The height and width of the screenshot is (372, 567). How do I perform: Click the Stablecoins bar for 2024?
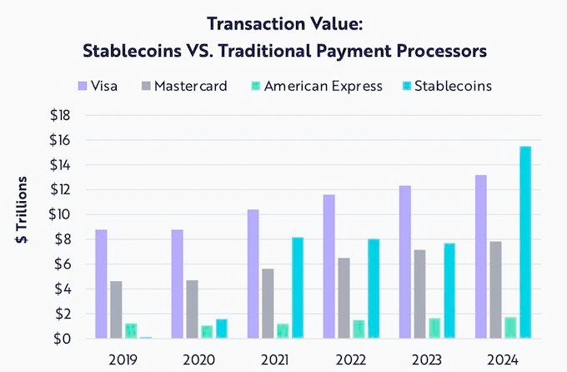click(525, 243)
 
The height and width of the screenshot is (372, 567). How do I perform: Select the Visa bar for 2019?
click(102, 284)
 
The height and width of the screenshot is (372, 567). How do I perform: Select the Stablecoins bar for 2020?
click(222, 329)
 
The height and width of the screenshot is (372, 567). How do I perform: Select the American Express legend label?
click(324, 86)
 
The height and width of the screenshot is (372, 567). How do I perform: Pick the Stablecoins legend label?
click(455, 86)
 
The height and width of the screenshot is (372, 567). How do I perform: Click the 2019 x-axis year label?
click(123, 359)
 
